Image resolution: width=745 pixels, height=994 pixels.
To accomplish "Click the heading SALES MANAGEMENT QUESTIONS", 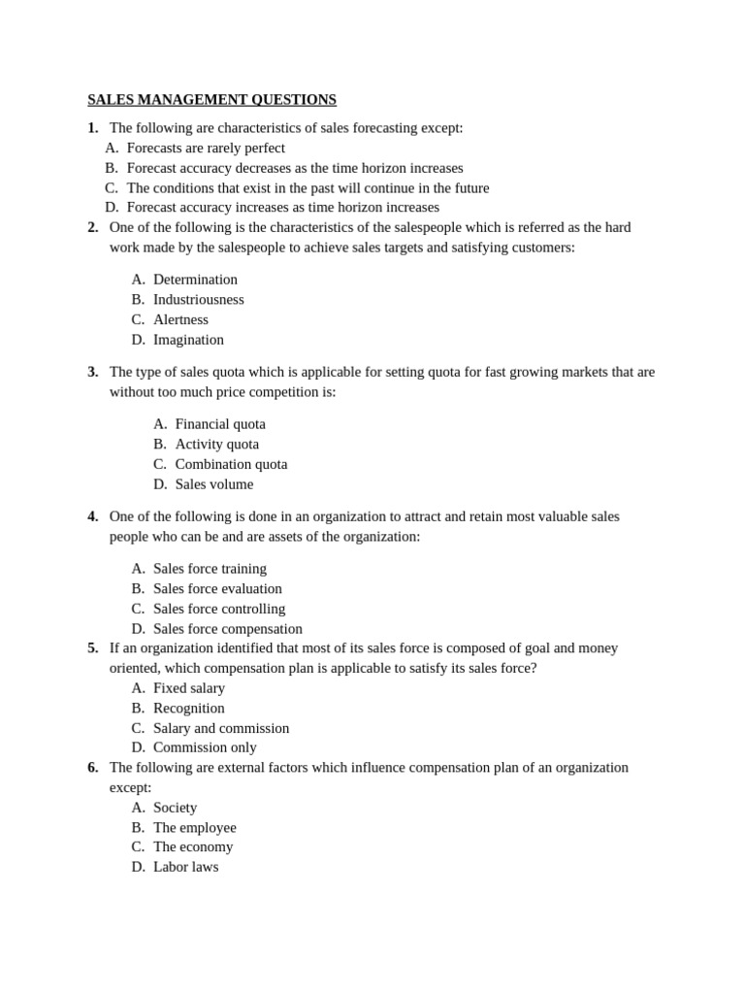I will coord(211,100).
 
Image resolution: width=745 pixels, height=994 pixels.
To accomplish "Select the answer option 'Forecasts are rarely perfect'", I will coord(206,148).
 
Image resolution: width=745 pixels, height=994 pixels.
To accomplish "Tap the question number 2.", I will coord(92,227).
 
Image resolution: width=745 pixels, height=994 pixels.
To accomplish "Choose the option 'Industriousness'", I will coord(198,299).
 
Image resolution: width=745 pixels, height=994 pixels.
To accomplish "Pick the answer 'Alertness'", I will coord(180,319).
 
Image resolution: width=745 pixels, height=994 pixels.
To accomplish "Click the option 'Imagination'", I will coord(188,340).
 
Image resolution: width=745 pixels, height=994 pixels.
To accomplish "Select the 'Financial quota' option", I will coord(220,424).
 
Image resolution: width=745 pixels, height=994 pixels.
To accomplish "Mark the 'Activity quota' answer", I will coord(217,444).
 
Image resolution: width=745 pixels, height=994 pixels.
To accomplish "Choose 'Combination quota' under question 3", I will coord(231,464).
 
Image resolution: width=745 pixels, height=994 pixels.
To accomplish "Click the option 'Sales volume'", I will coord(214,484).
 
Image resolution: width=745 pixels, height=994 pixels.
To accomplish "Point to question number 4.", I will coord(92,516).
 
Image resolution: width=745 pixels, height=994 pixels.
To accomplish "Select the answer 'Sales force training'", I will coord(210,569).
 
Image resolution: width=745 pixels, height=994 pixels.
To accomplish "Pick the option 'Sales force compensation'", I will coord(227,629).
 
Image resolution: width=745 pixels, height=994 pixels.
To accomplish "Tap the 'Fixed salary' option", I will coord(189,688).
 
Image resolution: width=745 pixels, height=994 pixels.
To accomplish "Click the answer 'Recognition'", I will coord(189,709).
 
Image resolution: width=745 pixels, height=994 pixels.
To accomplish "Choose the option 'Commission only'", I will coord(205,747).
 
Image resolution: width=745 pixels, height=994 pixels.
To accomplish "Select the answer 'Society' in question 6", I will coord(175,808).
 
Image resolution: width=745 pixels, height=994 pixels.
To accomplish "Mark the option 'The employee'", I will coord(194,828).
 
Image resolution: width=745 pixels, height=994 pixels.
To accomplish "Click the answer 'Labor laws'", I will coord(185,867).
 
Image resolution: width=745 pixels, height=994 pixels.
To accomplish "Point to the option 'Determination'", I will coord(195,280).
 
